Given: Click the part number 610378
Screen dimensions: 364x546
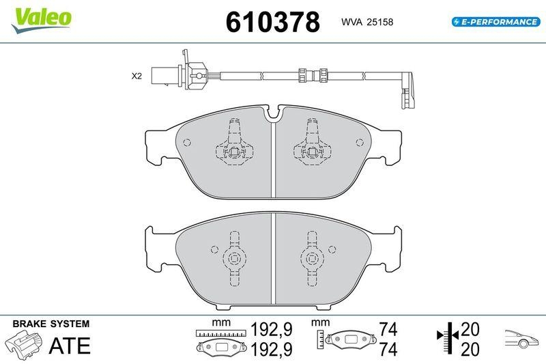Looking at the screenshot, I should pos(273,23).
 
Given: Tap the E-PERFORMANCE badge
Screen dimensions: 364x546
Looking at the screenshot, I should pos(495,22).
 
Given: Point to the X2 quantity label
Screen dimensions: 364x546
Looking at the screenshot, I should pos(136,76).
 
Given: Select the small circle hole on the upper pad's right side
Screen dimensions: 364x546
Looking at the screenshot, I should pos(359,142).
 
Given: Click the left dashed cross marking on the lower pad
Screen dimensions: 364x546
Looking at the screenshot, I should pos(234,258).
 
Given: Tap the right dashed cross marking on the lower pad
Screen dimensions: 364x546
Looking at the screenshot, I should pos(311,258).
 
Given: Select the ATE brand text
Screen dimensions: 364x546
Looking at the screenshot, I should pos(69,346).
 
